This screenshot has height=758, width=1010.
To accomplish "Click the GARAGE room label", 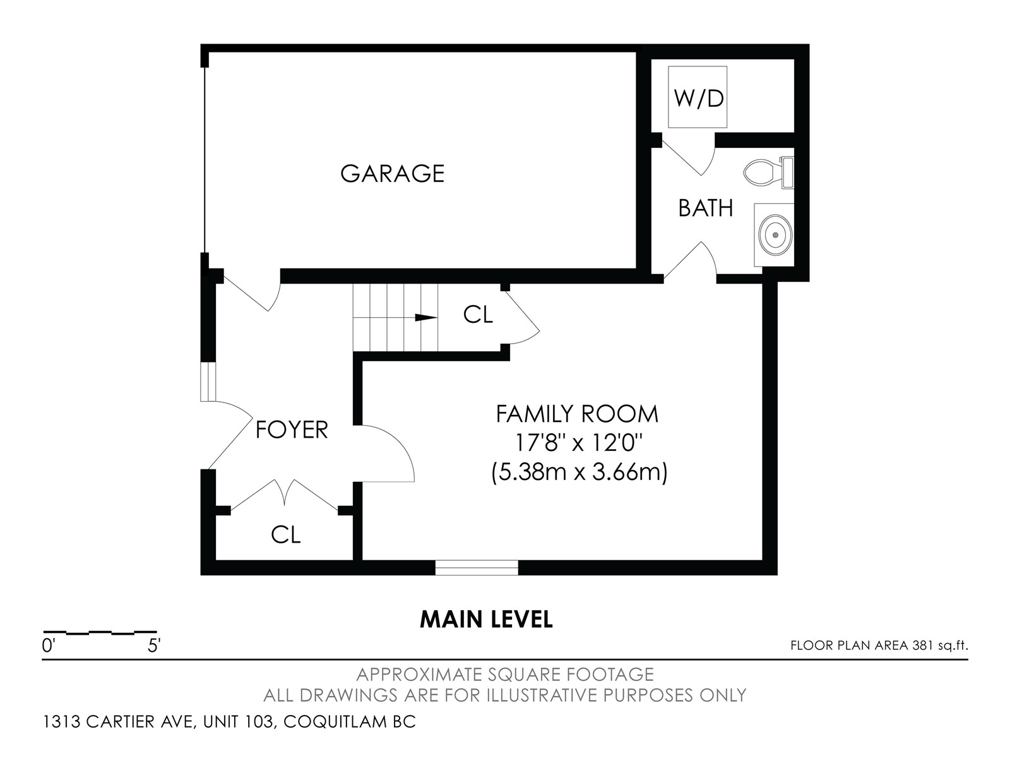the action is pos(392,174).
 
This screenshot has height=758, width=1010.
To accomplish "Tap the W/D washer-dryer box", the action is pos(698,97).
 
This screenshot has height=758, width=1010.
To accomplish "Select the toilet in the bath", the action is pos(768,172).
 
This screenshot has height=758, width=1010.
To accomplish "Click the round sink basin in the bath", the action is pos(775,235).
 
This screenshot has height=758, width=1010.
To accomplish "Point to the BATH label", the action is pos(705,208).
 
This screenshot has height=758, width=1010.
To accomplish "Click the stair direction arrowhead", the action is pos(425,318).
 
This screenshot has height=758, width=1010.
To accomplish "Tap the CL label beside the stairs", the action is pos(478,315).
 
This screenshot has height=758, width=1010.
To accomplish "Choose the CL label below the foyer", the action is pos(285,535).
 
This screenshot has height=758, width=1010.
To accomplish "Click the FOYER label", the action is pos(291,430).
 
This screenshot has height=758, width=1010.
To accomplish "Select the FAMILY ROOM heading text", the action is pos(577,414).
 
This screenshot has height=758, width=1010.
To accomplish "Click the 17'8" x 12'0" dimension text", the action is pos(578,443).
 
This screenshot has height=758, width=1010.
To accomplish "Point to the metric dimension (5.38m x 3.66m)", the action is pos(579,472).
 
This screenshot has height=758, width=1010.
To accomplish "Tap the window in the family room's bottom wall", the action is pos(477,567).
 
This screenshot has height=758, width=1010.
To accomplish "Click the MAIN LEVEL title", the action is pos(486,620).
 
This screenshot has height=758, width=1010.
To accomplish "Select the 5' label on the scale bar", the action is pos(153,646).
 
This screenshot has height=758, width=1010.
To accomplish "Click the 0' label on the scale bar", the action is pos(48,646).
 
